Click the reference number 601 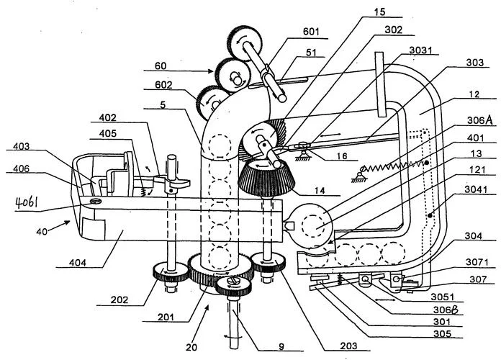click(310, 32)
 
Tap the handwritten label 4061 click(27, 202)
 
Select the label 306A click(479, 120)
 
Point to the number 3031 click(420, 50)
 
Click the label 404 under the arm click(78, 263)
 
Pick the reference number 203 click(348, 346)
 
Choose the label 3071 click(477, 262)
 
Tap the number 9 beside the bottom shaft click(281, 347)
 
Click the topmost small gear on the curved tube click(245, 43)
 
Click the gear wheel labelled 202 click(171, 271)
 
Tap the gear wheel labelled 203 click(268, 262)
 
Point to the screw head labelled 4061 click(96, 201)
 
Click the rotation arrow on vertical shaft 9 click(230, 336)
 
